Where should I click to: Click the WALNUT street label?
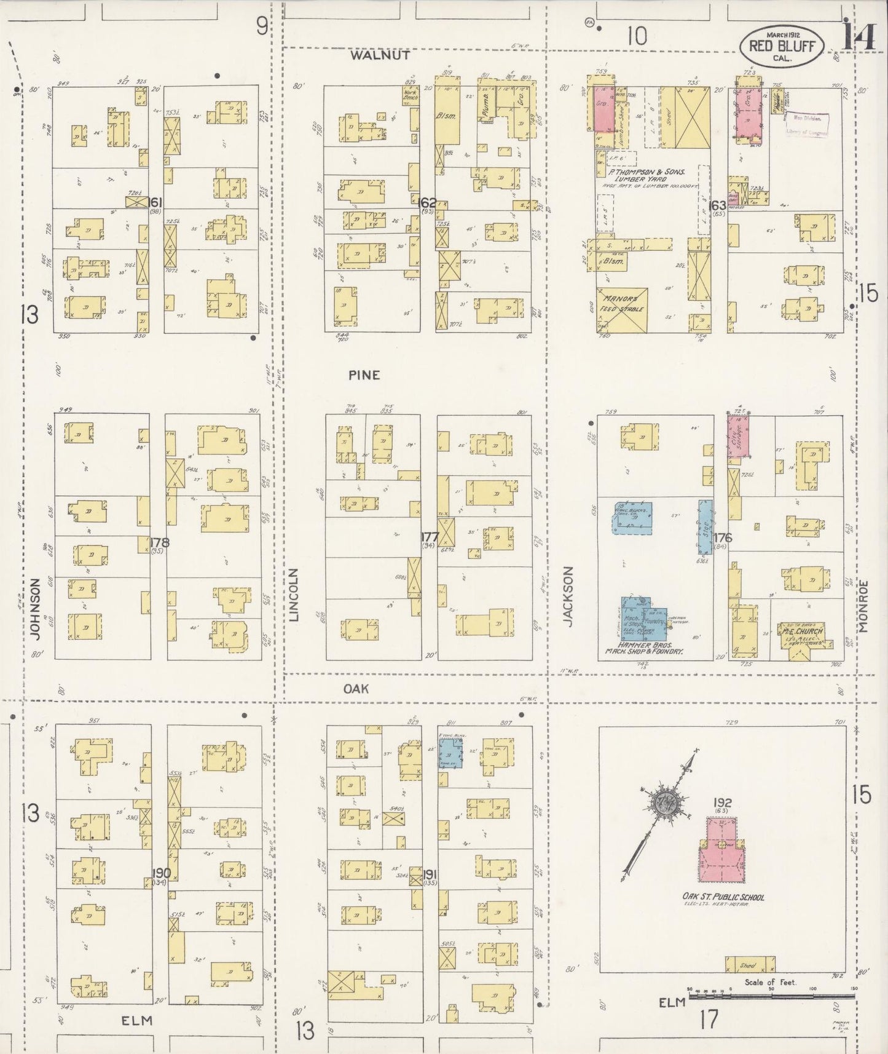pos(380,55)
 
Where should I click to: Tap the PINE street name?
pos(364,375)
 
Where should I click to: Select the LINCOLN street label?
pos(293,595)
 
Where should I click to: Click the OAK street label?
pos(356,689)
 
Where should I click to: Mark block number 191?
pos(430,874)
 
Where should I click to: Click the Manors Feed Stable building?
pos(621,309)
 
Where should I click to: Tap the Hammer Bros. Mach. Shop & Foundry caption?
pos(644,647)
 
